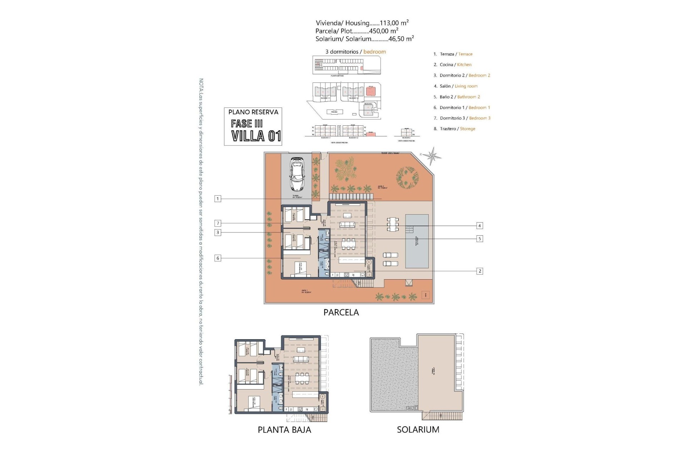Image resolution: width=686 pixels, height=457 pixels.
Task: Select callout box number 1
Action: pos(218,199)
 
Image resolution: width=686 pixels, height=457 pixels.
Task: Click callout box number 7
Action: pos(218,224)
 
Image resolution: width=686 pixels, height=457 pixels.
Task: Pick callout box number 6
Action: pos(218,258)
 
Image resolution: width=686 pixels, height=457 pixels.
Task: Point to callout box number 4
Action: pos(479,226)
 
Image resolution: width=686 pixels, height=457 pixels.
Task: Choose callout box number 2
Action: pos(479,271)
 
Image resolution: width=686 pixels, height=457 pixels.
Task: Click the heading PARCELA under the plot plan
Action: pos(341,312)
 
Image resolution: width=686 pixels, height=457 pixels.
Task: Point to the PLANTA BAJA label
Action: pos(284,430)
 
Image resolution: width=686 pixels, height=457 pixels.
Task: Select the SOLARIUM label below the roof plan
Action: pos(418,430)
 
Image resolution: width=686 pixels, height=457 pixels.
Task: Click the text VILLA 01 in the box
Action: pos(256,136)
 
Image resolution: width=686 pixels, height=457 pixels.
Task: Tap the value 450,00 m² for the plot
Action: pos(384,31)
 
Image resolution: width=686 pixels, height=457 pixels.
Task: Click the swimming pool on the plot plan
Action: pos(417,241)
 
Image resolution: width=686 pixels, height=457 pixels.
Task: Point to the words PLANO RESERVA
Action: pos(253,112)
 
